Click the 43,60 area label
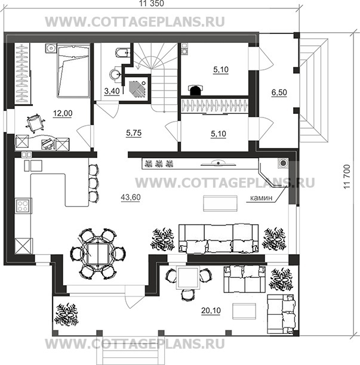pyautogui.click(x=131, y=197)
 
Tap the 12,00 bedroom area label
pyautogui.click(x=63, y=113)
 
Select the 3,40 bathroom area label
pyautogui.click(x=112, y=91)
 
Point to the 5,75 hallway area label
pyautogui.click(x=134, y=133)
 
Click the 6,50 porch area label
pyautogui.click(x=279, y=92)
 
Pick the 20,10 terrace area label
pyautogui.click(x=211, y=311)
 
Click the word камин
pyautogui.click(x=261, y=198)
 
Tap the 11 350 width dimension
pyautogui.click(x=152, y=4)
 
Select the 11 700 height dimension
pyautogui.click(x=347, y=177)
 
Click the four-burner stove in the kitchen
pyautogui.click(x=23, y=206)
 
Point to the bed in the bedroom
pyautogui.click(x=73, y=71)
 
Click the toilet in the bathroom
pyautogui.click(x=122, y=53)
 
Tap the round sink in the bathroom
pyautogui.click(x=115, y=74)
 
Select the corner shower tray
pyautogui.click(x=137, y=88)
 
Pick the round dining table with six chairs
pyautogui.click(x=98, y=254)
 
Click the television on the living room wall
pyautogui.click(x=219, y=163)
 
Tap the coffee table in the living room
pyautogui.click(x=220, y=203)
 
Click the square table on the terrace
pyautogui.click(x=188, y=278)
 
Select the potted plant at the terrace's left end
pyautogui.click(x=66, y=315)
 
